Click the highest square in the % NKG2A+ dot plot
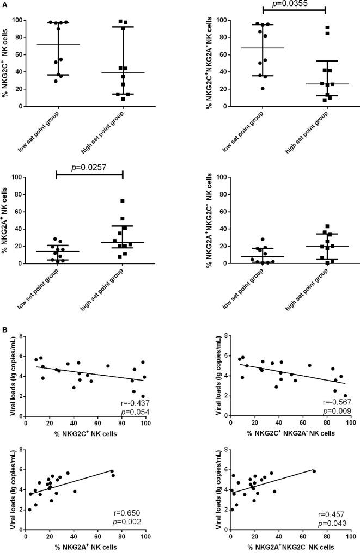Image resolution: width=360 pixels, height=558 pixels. coord(123,201)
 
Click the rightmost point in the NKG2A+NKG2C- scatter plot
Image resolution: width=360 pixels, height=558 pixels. coord(314,471)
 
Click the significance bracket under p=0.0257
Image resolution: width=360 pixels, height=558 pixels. coord(89,173)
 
